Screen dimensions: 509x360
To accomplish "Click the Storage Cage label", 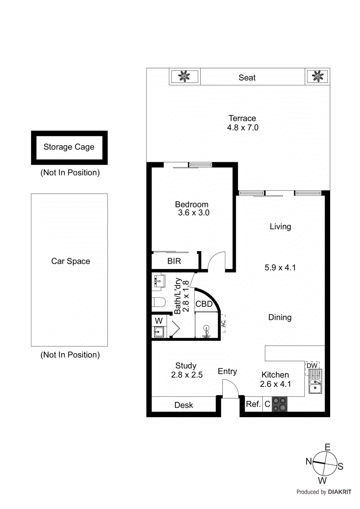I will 69,147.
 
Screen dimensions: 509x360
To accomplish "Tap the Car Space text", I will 70,261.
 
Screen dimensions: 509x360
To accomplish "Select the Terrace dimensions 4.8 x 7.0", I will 243,128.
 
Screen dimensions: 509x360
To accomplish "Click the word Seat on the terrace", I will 247,78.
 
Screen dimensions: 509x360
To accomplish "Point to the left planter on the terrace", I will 184,76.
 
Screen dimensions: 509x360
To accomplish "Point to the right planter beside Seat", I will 317,76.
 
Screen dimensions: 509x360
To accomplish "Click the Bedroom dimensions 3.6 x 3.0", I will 194,213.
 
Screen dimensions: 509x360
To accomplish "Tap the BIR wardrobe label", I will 174,261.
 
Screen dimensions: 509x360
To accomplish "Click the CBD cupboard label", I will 204,304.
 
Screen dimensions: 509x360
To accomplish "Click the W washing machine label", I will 159,321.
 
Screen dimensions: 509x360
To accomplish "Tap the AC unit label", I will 223,324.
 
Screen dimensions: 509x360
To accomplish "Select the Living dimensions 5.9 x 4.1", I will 280,268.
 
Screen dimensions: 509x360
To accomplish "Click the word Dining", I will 280,317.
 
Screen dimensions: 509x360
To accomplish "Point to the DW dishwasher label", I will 312,366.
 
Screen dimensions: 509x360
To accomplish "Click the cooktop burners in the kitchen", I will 279,404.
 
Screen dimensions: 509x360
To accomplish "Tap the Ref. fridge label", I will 253,404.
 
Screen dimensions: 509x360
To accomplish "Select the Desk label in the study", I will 184,405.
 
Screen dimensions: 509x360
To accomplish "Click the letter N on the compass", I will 309,461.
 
